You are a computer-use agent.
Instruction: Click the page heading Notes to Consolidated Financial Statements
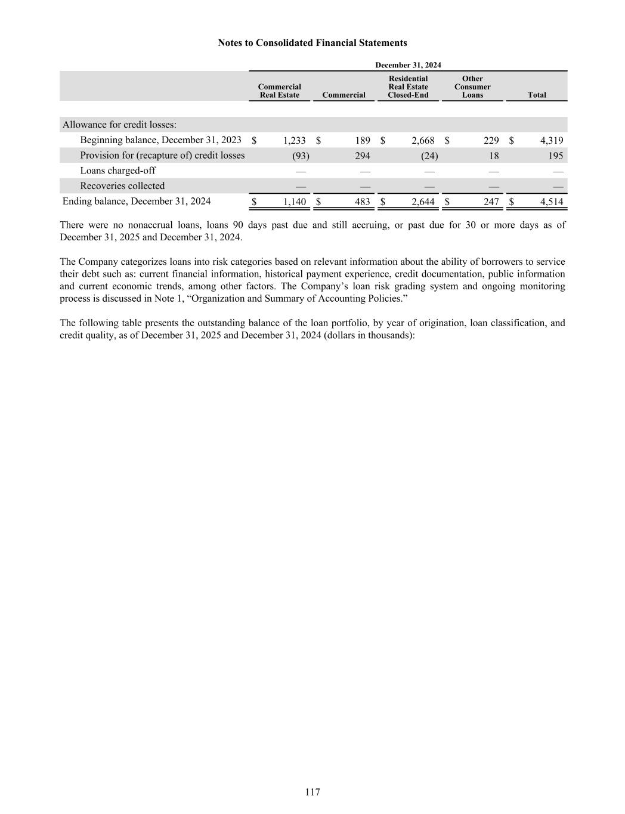(x=312, y=43)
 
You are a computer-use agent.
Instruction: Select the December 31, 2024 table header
(x=408, y=65)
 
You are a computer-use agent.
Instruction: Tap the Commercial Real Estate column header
(x=279, y=91)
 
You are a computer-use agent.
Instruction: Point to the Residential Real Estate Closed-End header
(x=408, y=87)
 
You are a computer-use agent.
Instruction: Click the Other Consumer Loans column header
(x=472, y=87)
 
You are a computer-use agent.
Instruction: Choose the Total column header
(x=537, y=95)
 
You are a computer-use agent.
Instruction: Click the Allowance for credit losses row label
(x=119, y=125)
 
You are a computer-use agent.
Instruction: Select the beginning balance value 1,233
(x=294, y=141)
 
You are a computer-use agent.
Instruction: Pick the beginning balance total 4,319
(x=551, y=141)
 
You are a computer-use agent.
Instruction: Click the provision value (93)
(x=301, y=156)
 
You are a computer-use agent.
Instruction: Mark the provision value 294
(x=362, y=156)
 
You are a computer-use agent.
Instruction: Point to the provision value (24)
(x=429, y=156)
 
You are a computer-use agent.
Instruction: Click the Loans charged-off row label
(x=118, y=171)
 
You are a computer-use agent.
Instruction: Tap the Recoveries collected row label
(x=122, y=186)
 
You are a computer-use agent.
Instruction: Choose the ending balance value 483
(x=362, y=202)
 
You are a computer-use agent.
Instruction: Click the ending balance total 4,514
(x=551, y=202)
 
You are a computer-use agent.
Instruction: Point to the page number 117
(x=312, y=792)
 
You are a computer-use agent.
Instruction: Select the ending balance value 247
(x=491, y=202)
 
